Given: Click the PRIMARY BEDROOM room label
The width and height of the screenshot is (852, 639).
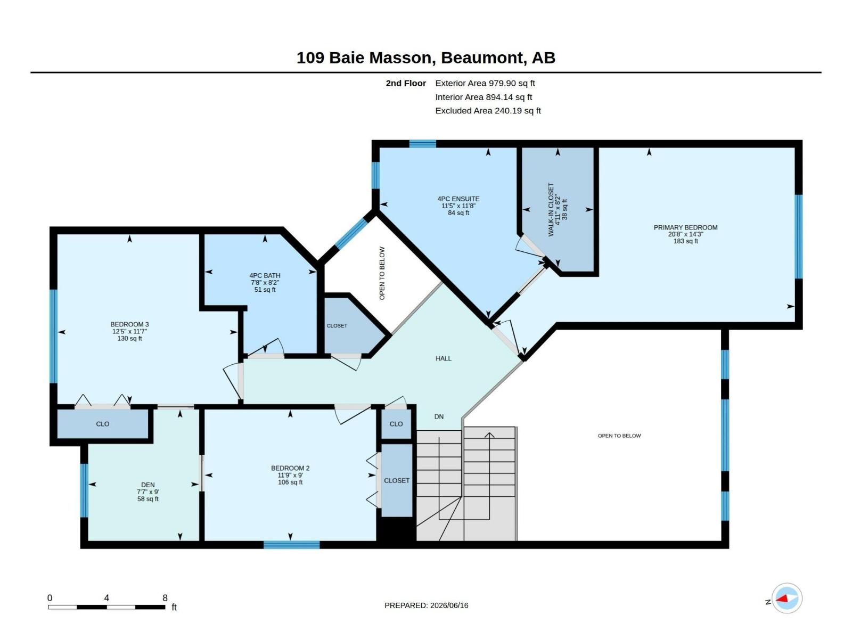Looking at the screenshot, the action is pyautogui.click(x=685, y=227).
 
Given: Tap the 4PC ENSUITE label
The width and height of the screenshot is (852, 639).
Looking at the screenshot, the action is pyautogui.click(x=458, y=199).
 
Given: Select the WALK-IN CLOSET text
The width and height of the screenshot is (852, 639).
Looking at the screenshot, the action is pyautogui.click(x=551, y=209).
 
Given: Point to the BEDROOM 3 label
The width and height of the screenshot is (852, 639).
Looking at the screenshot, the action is pyautogui.click(x=129, y=324).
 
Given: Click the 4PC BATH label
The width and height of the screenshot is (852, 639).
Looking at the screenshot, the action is pyautogui.click(x=265, y=275).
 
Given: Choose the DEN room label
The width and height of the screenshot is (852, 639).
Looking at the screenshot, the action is pyautogui.click(x=148, y=485).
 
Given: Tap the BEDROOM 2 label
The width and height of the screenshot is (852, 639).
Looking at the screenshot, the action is pyautogui.click(x=290, y=468).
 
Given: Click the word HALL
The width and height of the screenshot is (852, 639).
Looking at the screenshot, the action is pyautogui.click(x=443, y=358).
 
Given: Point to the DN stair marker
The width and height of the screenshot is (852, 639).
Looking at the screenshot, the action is pyautogui.click(x=439, y=417).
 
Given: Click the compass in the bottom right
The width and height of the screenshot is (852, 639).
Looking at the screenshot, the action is pyautogui.click(x=787, y=598).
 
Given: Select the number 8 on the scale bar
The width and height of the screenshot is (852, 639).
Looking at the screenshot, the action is pyautogui.click(x=165, y=598).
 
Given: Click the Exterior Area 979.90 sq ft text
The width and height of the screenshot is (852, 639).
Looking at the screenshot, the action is pyautogui.click(x=485, y=83).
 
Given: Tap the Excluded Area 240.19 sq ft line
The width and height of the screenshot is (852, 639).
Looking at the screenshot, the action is pyautogui.click(x=488, y=111).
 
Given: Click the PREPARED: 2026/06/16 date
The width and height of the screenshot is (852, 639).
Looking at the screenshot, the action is pyautogui.click(x=426, y=605).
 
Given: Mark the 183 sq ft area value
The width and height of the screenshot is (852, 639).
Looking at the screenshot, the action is pyautogui.click(x=685, y=241).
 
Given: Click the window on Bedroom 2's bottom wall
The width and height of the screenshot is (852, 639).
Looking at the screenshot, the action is pyautogui.click(x=291, y=544).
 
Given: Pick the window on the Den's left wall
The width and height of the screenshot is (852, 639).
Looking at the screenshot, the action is pyautogui.click(x=84, y=490).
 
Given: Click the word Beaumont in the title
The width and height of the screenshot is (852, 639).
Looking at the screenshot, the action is pyautogui.click(x=482, y=58).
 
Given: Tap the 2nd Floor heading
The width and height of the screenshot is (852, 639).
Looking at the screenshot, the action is pyautogui.click(x=406, y=83).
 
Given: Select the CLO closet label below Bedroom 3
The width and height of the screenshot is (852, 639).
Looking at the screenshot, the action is pyautogui.click(x=102, y=424).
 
